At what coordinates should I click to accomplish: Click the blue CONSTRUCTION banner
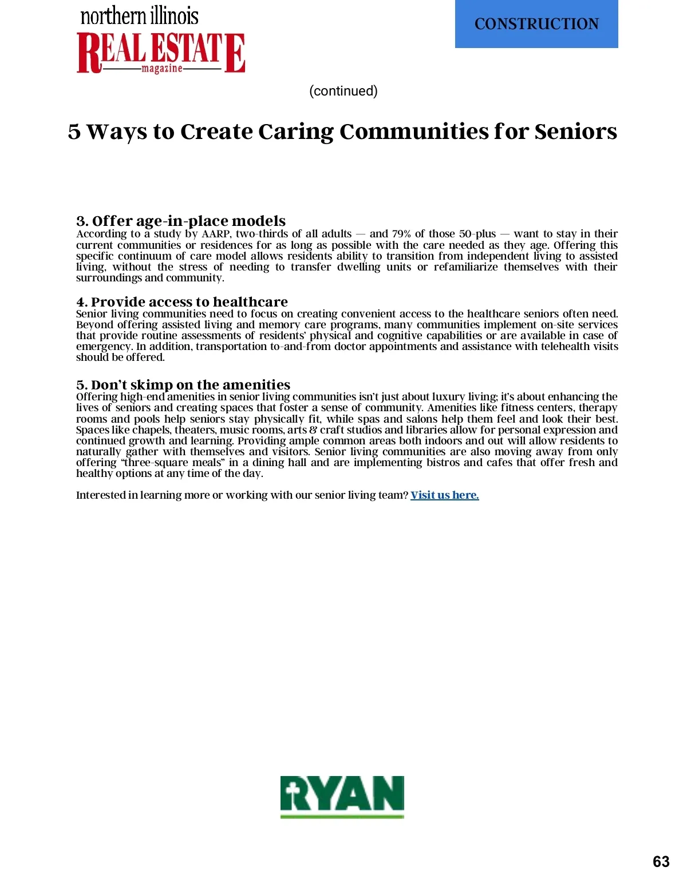tap(536, 24)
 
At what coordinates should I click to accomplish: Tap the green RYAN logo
tap(342, 796)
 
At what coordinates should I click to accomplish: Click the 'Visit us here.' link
tap(444, 495)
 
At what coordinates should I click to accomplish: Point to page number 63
tap(661, 862)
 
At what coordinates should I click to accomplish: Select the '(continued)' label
tap(343, 91)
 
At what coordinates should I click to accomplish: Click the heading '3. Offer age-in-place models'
tap(181, 221)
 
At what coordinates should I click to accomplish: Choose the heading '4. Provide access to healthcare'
tap(182, 301)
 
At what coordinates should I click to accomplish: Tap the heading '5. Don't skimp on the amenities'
tap(183, 384)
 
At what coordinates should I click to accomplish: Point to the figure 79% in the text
tap(401, 234)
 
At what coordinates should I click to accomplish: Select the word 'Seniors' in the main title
tap(575, 132)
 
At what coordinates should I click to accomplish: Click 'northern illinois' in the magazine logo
tap(140, 16)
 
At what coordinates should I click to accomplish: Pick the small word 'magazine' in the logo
tap(162, 69)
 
